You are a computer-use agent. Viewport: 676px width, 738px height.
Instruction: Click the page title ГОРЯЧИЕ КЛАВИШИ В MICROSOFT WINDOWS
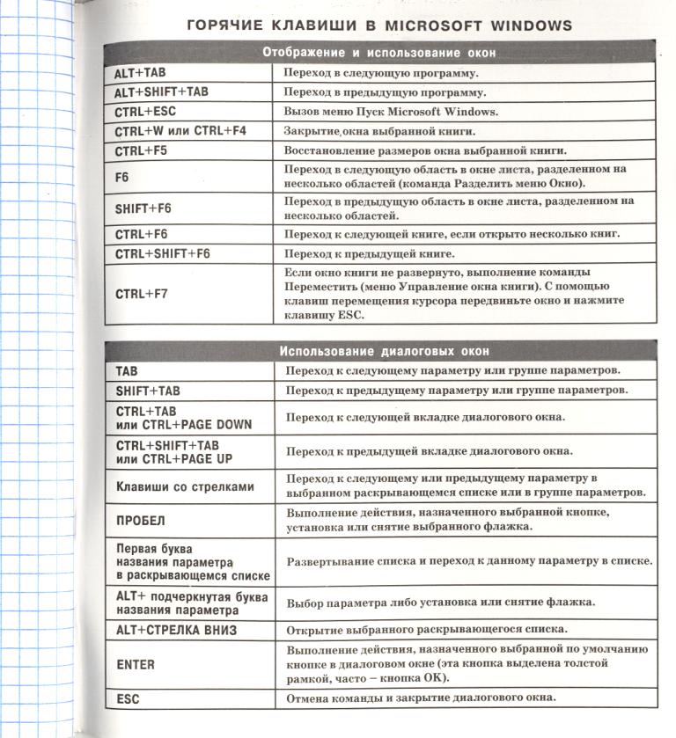pyautogui.click(x=379, y=25)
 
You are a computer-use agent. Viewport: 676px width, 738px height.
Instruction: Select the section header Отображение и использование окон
pyautogui.click(x=379, y=53)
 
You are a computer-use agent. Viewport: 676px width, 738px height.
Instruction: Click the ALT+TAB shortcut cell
pyautogui.click(x=140, y=73)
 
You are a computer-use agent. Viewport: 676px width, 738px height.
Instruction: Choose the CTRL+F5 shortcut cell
pyautogui.click(x=141, y=151)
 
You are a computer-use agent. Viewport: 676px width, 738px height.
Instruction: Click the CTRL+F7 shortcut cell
pyautogui.click(x=141, y=294)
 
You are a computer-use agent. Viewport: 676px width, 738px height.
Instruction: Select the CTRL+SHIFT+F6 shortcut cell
pyautogui.click(x=163, y=254)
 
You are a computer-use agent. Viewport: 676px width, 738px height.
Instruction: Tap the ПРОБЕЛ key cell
pyautogui.click(x=141, y=520)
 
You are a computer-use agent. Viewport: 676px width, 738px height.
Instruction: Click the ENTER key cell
pyautogui.click(x=136, y=665)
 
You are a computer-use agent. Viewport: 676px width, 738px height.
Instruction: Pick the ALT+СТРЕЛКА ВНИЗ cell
pyautogui.click(x=177, y=631)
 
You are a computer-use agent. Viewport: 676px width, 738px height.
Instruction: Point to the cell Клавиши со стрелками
pyautogui.click(x=186, y=486)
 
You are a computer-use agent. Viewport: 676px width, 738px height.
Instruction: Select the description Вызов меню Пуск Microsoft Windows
pyautogui.click(x=391, y=112)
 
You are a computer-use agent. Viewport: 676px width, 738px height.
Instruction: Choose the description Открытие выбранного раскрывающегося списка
pyautogui.click(x=426, y=631)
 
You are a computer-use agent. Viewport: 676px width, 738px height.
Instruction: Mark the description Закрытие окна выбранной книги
pyautogui.click(x=378, y=131)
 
